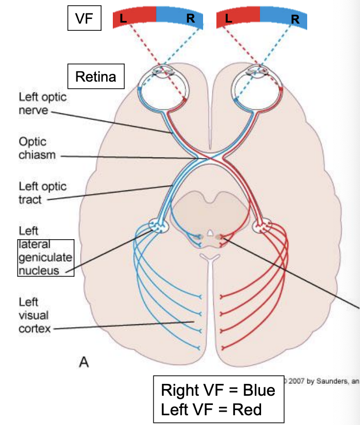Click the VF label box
tap(84, 19)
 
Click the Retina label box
tap(96, 76)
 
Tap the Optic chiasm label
tap(36, 147)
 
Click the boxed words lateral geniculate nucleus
tap(46, 257)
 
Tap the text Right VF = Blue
tap(218, 390)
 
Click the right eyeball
tap(255, 87)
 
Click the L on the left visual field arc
tap(123, 18)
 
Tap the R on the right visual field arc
tap(295, 20)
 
